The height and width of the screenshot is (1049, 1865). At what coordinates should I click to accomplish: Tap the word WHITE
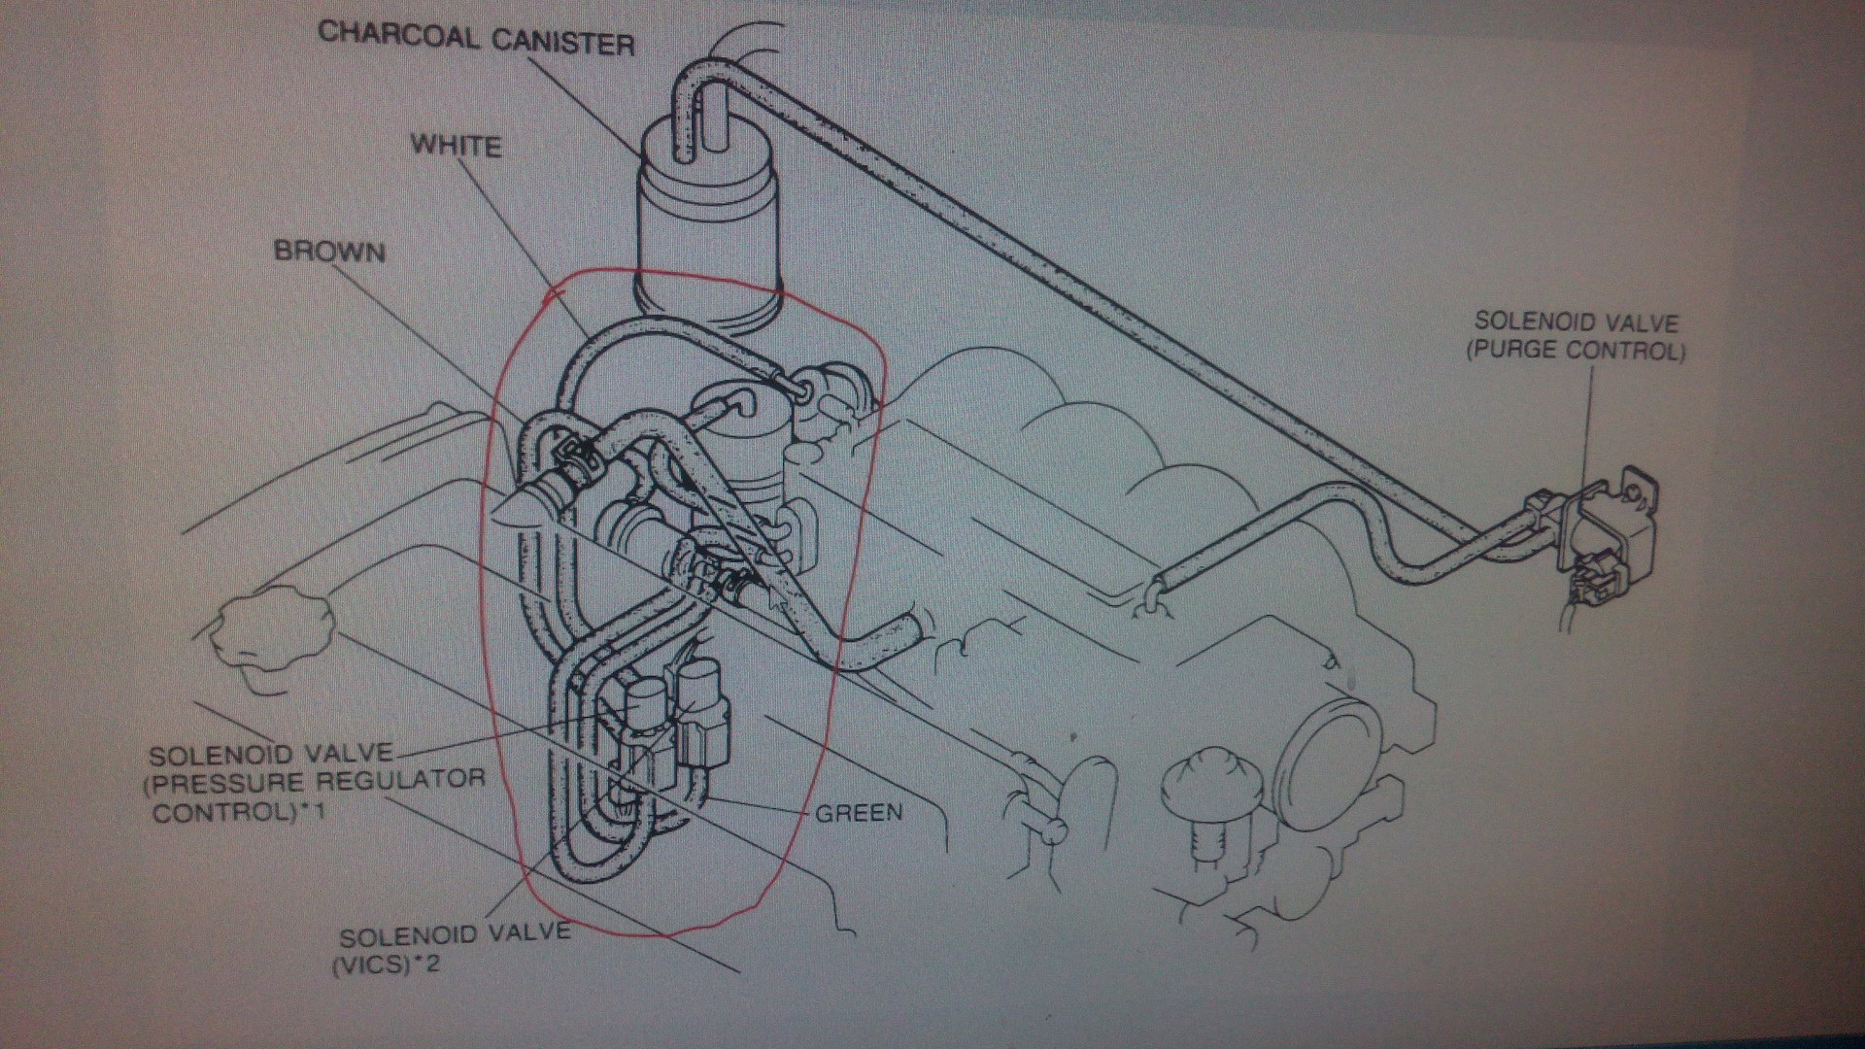[456, 146]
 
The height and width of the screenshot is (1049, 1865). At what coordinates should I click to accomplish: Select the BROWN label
[329, 252]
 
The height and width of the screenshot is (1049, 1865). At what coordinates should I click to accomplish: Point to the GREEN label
[858, 811]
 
